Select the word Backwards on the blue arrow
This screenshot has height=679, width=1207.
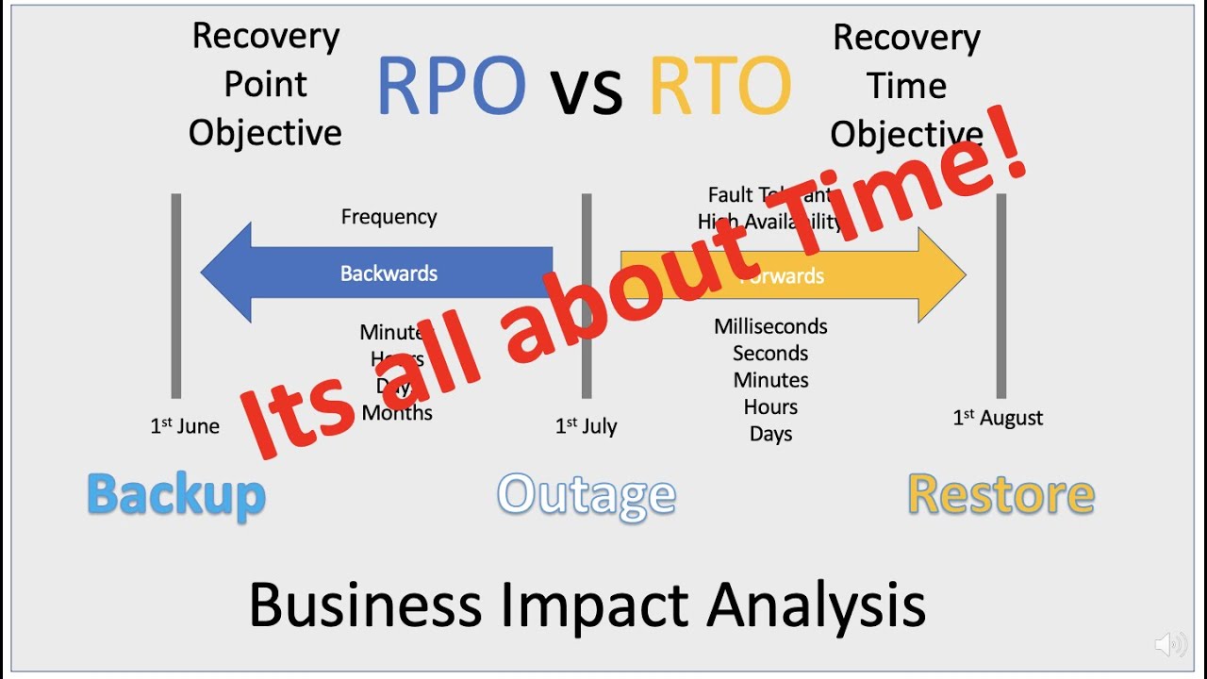[389, 273]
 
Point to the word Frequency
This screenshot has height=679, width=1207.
[389, 217]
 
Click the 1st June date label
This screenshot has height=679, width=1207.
[185, 426]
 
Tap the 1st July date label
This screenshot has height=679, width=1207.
[586, 426]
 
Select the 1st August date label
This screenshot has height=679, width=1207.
[998, 418]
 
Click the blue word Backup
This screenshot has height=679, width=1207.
[176, 495]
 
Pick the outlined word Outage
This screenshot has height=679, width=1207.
[586, 495]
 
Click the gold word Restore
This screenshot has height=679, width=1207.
[1000, 495]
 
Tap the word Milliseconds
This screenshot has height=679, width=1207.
[770, 327]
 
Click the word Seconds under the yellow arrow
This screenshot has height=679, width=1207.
[770, 354]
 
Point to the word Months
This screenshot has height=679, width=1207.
[397, 413]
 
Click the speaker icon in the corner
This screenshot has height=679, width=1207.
[1171, 644]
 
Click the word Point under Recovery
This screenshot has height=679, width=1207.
[265, 85]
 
